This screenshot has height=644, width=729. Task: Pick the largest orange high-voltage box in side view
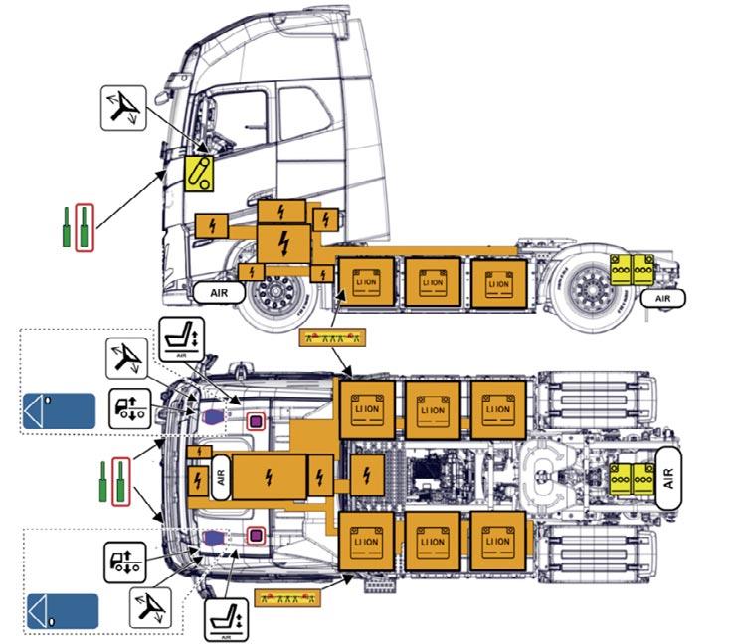click(283, 240)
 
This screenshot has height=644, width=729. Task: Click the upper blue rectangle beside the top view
click(59, 410)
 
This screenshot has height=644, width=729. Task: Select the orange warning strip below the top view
click(286, 597)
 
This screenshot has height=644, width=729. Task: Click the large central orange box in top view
click(270, 479)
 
